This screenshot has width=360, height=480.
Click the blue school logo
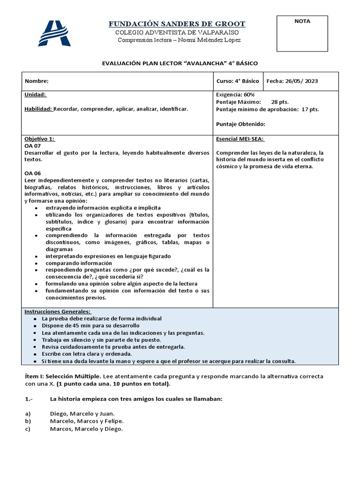click(x=54, y=33)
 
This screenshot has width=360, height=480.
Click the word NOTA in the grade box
click(x=302, y=21)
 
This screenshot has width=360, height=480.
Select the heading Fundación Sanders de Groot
click(x=177, y=24)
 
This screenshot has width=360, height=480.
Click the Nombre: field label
click(x=36, y=81)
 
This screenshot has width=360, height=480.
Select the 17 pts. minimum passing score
click(x=309, y=109)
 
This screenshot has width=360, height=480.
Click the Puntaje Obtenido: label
click(x=240, y=124)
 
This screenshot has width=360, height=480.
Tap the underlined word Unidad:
click(x=35, y=95)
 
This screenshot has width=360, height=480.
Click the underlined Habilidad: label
click(x=38, y=109)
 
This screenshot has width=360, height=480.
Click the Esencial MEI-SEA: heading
click(x=240, y=139)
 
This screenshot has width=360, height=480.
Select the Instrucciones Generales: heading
click(x=58, y=312)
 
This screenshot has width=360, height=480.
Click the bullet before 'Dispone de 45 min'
click(x=36, y=325)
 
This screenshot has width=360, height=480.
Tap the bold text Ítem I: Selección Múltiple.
click(x=62, y=376)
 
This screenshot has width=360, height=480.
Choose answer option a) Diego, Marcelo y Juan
click(x=82, y=413)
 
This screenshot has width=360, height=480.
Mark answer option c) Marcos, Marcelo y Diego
click(x=86, y=429)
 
